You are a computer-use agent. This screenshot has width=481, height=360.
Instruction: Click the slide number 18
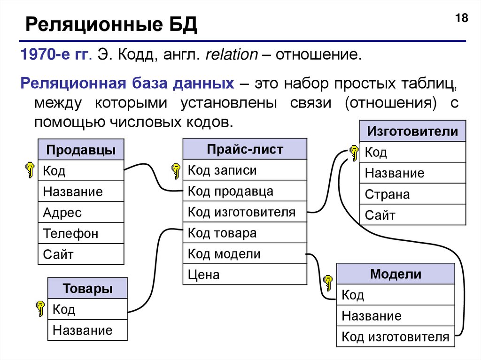point(461,19)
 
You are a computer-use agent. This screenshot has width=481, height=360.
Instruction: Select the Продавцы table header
point(81,151)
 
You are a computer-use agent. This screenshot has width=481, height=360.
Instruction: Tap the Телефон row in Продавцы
point(81,233)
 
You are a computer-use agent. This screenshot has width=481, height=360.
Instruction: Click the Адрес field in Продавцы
point(81,213)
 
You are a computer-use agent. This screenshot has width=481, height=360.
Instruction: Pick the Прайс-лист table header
point(245,149)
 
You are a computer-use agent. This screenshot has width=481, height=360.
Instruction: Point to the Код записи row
point(245,170)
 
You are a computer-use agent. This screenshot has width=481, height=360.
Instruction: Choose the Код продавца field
point(245,191)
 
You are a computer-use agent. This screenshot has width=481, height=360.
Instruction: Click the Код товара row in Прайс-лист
point(245,233)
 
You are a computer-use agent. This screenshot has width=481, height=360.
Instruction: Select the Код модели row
point(245,254)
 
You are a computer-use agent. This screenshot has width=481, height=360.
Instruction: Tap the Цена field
point(245,275)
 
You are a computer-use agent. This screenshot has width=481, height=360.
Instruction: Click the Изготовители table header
point(412,131)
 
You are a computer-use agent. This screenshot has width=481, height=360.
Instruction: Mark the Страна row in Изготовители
point(412,194)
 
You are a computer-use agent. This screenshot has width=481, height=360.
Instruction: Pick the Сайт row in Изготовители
point(412,215)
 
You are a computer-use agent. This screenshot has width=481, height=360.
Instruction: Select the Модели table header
point(396,274)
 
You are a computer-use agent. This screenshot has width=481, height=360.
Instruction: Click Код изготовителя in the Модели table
point(396,337)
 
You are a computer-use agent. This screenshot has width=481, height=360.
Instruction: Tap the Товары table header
point(87,289)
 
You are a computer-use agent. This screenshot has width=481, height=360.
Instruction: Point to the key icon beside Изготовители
point(354,152)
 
